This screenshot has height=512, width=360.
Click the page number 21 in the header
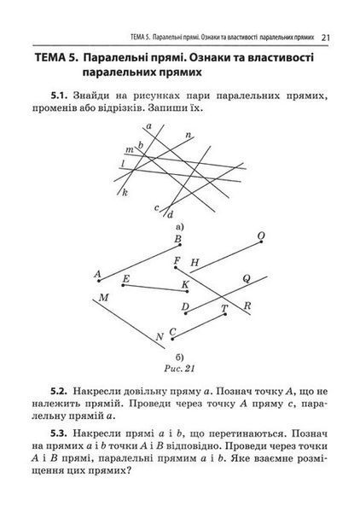pos(325,38)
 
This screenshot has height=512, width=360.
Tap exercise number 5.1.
pos(59,96)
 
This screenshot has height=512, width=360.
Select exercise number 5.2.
pos(59,391)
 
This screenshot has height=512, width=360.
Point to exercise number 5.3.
pos(59,434)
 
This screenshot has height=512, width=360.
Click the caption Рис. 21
pos(179,369)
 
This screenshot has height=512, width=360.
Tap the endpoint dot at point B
pos(180,245)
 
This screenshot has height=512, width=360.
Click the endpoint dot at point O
pos(261,242)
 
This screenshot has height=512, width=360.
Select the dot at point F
pos(176,267)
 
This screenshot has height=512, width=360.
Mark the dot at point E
pos(123,285)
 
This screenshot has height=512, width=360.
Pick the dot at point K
pos(187,291)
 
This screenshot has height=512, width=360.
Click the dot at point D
pos(186,313)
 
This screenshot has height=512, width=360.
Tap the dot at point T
pos(225,314)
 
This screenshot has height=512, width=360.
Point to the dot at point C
pos(172,339)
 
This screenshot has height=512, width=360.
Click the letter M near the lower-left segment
pos(103,298)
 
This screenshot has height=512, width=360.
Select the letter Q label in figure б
pos(247,278)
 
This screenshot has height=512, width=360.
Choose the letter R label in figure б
pos(247,306)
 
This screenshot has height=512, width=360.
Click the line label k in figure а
pos(125,193)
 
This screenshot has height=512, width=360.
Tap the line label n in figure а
pos(189,135)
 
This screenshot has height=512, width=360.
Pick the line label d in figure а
pos(170,215)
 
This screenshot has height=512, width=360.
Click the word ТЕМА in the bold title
pos(51,58)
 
